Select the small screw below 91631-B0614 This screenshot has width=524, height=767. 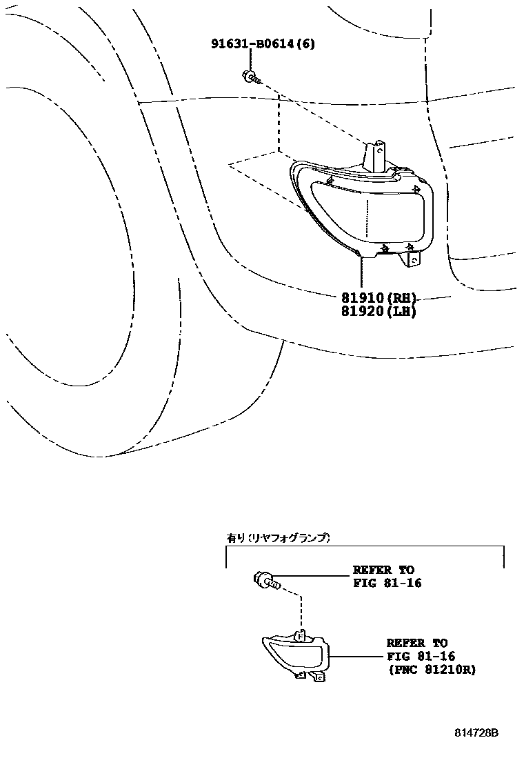coord(250,77)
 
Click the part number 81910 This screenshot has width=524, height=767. coord(363,298)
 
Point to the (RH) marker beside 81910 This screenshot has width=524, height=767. coord(402,298)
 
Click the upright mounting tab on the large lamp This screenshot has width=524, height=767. coord(376,155)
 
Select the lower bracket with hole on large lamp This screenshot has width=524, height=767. coord(413,259)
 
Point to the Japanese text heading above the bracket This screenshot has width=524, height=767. coord(279,537)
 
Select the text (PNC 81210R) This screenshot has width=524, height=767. coord(431,669)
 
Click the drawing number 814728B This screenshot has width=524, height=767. coord(476,733)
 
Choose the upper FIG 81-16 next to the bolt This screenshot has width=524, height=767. coord(387,583)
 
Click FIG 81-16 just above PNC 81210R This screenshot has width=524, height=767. coord(421,656)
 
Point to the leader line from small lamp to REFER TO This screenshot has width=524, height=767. coord(355,655)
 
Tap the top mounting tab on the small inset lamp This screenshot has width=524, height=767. coord(300,635)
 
